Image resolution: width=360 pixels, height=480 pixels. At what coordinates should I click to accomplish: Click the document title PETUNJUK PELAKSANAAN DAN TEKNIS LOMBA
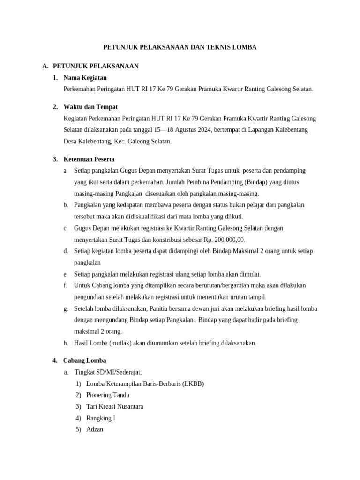coord(180,47)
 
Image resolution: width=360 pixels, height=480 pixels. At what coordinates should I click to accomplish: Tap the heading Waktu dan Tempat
coord(90,107)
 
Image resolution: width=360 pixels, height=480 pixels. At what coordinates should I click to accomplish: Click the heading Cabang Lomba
coord(84,360)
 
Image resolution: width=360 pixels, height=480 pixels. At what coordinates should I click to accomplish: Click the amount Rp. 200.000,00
coord(220,240)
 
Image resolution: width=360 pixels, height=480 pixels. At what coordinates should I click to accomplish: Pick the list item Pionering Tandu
coord(108,395)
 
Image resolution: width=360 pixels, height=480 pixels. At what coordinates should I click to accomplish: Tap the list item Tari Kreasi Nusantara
coord(115,406)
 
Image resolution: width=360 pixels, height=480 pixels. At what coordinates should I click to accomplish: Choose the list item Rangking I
coord(101,418)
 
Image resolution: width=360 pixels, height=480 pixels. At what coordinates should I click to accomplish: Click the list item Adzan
coord(95,429)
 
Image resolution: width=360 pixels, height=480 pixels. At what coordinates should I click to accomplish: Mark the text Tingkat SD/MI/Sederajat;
coord(108,372)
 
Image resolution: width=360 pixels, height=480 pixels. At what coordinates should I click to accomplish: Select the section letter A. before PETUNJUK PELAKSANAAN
coord(45,66)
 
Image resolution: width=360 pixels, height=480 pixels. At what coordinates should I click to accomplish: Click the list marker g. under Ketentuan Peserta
coord(66,308)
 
